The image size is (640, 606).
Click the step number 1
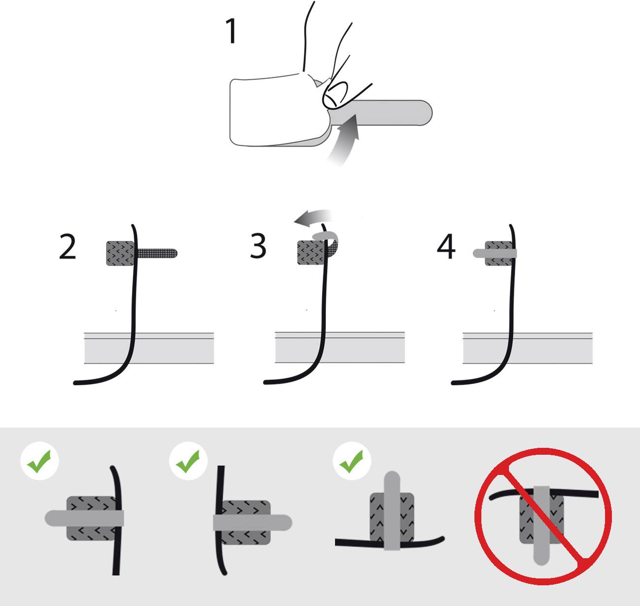231,32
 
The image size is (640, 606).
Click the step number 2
67,247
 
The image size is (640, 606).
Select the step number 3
258,246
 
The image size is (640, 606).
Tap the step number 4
446,247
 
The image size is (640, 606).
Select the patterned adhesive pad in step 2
118,253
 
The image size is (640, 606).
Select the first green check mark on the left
39,464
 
